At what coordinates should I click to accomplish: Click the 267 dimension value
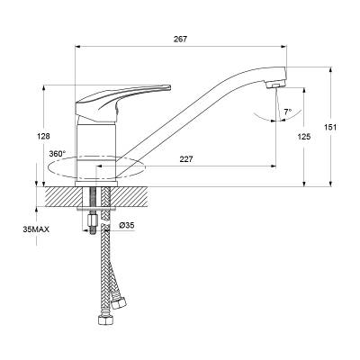coord(181,40)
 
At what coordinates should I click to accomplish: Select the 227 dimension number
coord(186,159)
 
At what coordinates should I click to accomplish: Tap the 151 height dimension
coord(330,127)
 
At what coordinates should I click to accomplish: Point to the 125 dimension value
coord(303,137)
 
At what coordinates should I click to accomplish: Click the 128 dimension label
coord(43,136)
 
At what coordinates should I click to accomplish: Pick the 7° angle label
coord(288,112)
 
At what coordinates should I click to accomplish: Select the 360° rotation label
coord(58,154)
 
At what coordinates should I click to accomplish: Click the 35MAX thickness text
coord(36,229)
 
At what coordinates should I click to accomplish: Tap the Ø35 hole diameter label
coord(126,225)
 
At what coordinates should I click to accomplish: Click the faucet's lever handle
coord(120,102)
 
